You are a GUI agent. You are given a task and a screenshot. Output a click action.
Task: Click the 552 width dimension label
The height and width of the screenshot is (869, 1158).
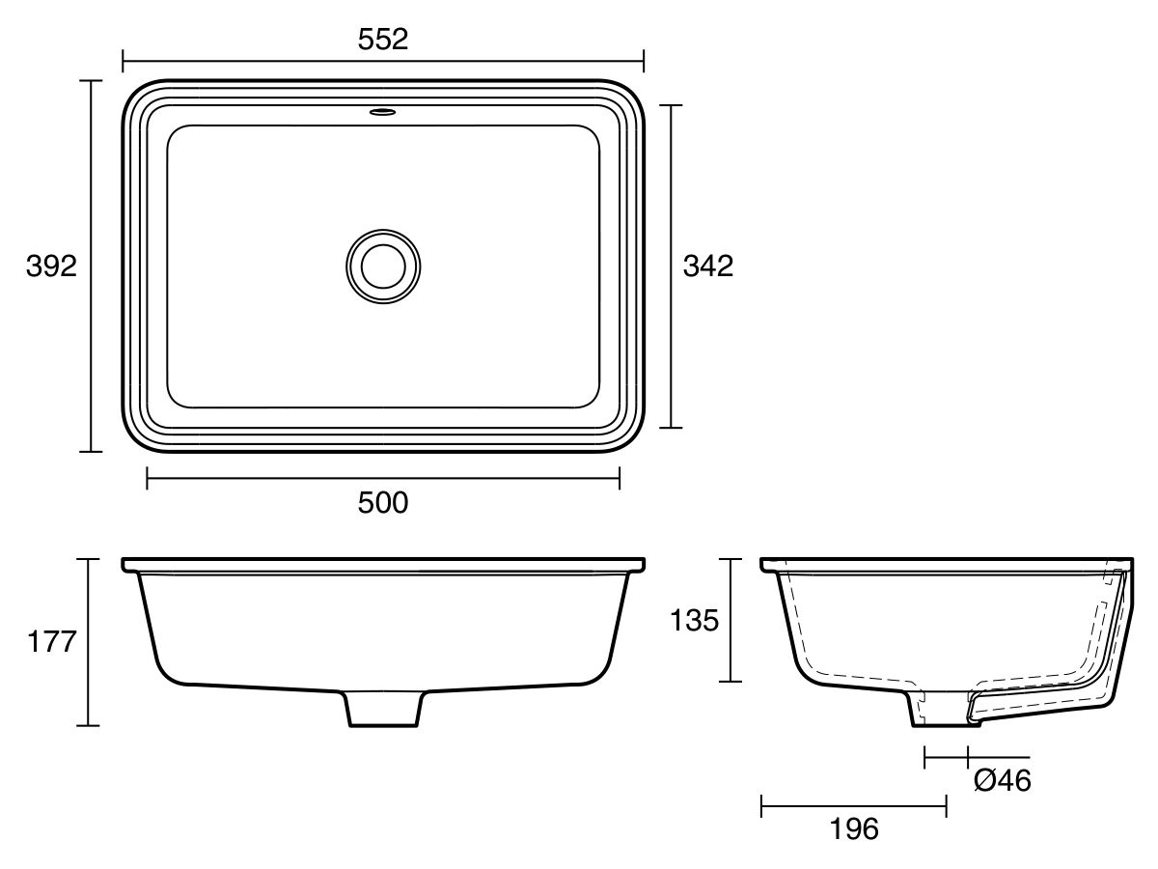tap(383, 39)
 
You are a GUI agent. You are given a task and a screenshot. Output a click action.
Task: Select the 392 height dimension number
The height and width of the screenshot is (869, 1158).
tap(51, 266)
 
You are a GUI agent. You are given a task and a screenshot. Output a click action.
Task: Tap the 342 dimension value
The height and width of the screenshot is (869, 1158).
tap(707, 266)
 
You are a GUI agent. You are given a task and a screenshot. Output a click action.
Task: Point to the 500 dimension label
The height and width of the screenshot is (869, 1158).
tap(383, 503)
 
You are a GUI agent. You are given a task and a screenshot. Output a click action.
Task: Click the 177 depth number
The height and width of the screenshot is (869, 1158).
tap(50, 642)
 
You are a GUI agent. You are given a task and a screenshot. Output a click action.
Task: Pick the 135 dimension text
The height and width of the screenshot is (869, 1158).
tap(695, 621)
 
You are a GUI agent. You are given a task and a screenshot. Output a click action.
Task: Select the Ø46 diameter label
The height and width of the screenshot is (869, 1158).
tap(1002, 780)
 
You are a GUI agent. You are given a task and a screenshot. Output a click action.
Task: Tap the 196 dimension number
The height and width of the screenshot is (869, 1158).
tap(854, 828)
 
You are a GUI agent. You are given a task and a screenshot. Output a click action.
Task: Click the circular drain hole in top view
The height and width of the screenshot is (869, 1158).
tap(383, 265)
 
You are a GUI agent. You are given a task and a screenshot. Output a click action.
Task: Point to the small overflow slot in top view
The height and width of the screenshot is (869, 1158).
tap(383, 112)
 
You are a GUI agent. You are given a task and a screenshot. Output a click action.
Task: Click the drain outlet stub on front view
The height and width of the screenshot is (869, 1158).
tap(384, 709)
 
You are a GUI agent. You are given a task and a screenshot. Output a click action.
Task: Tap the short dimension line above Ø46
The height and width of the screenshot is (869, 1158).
tap(947, 757)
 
